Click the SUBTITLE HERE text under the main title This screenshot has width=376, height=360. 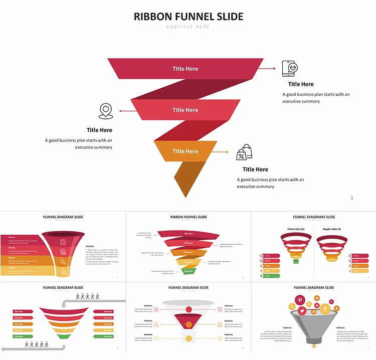188,27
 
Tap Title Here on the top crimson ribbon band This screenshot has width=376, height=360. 185,69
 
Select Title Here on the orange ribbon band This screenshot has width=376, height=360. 185,151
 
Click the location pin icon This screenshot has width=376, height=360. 106,111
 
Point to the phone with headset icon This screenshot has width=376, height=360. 290,68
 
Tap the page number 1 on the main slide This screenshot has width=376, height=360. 352,198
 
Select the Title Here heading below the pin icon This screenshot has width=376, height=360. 99,130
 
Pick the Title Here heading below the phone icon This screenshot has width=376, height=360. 301,84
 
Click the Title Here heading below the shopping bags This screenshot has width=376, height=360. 255,169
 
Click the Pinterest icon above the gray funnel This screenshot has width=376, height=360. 300,300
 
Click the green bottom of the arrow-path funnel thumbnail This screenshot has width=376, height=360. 63,336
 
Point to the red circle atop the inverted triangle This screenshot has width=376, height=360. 189,309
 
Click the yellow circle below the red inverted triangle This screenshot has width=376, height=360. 189,339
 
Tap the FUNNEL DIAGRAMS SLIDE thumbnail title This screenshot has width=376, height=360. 314,217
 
